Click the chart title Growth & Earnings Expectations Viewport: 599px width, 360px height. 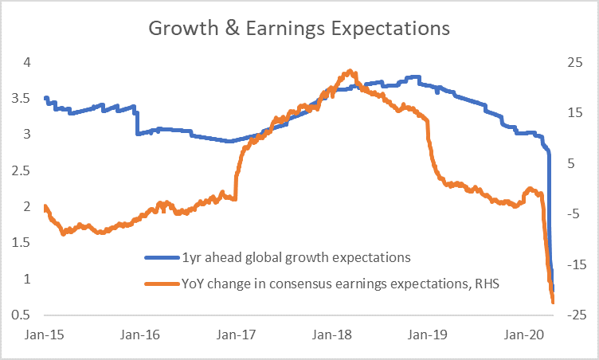coord(299,29)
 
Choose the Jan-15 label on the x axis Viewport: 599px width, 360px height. coord(48,335)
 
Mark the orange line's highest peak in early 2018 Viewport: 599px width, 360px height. coord(350,71)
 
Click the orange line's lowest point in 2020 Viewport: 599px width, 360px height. coord(553,302)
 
